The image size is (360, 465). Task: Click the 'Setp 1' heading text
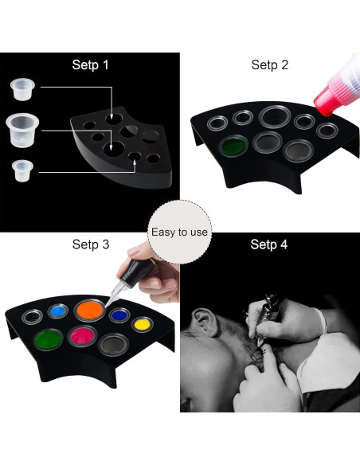pyautogui.click(x=90, y=64)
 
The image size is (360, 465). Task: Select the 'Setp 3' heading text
pyautogui.click(x=90, y=244)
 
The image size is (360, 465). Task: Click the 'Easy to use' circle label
pyautogui.click(x=179, y=232)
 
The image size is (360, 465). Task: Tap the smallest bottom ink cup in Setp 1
pyautogui.click(x=22, y=170)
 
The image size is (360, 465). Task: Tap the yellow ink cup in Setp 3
pyautogui.click(x=141, y=324)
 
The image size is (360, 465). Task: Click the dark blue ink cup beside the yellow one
pyautogui.click(x=119, y=315)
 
